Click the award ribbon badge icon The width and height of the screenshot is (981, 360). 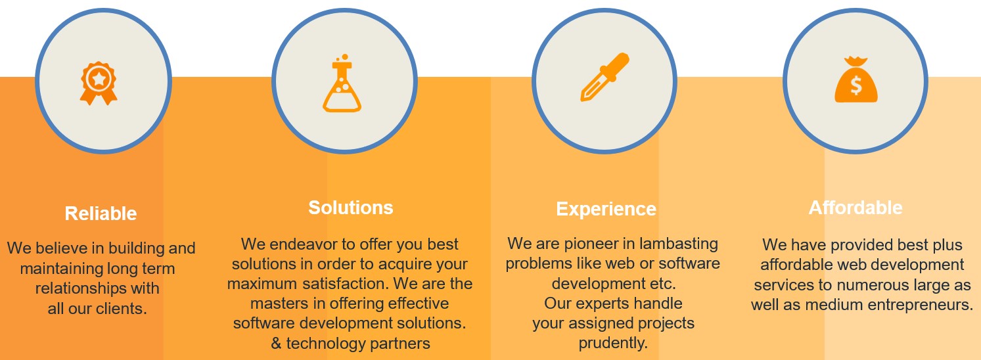tap(99, 83)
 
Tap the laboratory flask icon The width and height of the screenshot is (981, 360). tap(342, 83)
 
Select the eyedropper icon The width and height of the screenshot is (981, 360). tap(605, 77)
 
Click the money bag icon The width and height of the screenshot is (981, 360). tap(856, 79)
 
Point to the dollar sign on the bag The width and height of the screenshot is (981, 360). tap(856, 85)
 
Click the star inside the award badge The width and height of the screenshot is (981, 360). tap(99, 79)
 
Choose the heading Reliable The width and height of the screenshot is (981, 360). tap(101, 214)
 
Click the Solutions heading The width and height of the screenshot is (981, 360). tap(351, 208)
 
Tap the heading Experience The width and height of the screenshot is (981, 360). tap(606, 210)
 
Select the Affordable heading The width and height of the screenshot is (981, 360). tap(856, 208)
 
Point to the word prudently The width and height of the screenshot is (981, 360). tap(612, 343)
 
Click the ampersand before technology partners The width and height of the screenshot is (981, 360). tap(276, 344)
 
